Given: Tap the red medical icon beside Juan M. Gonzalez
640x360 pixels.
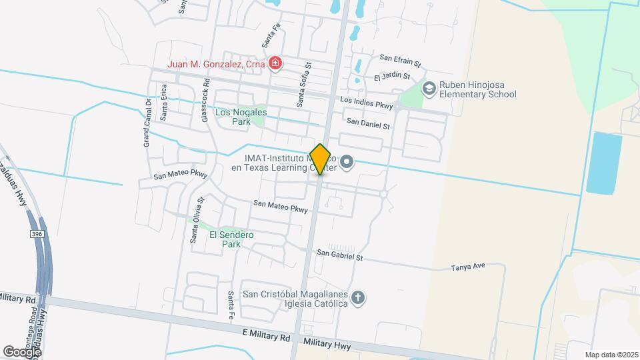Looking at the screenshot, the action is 275,63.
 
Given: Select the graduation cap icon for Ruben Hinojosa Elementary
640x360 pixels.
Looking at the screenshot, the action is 428,88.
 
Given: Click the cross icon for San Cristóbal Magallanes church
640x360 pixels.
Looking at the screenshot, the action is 358,297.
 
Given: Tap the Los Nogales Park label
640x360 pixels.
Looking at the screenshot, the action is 241,117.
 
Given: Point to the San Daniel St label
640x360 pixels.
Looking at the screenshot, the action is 368,123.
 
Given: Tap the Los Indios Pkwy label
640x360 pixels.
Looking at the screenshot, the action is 366,101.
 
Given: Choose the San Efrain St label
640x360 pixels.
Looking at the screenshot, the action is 400,60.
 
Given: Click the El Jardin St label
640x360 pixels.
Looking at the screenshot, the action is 392,77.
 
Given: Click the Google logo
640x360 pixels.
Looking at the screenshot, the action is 21,351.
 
